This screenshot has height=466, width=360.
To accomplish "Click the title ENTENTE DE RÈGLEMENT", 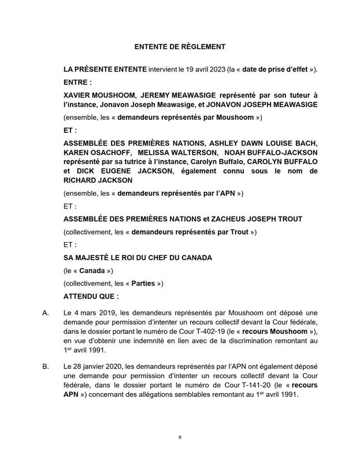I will pos(180,47).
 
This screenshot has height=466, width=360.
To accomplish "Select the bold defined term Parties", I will pos(143,284).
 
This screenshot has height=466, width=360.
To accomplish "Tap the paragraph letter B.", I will pos(46,367).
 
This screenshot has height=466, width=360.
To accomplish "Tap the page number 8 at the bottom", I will pos(180,438).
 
